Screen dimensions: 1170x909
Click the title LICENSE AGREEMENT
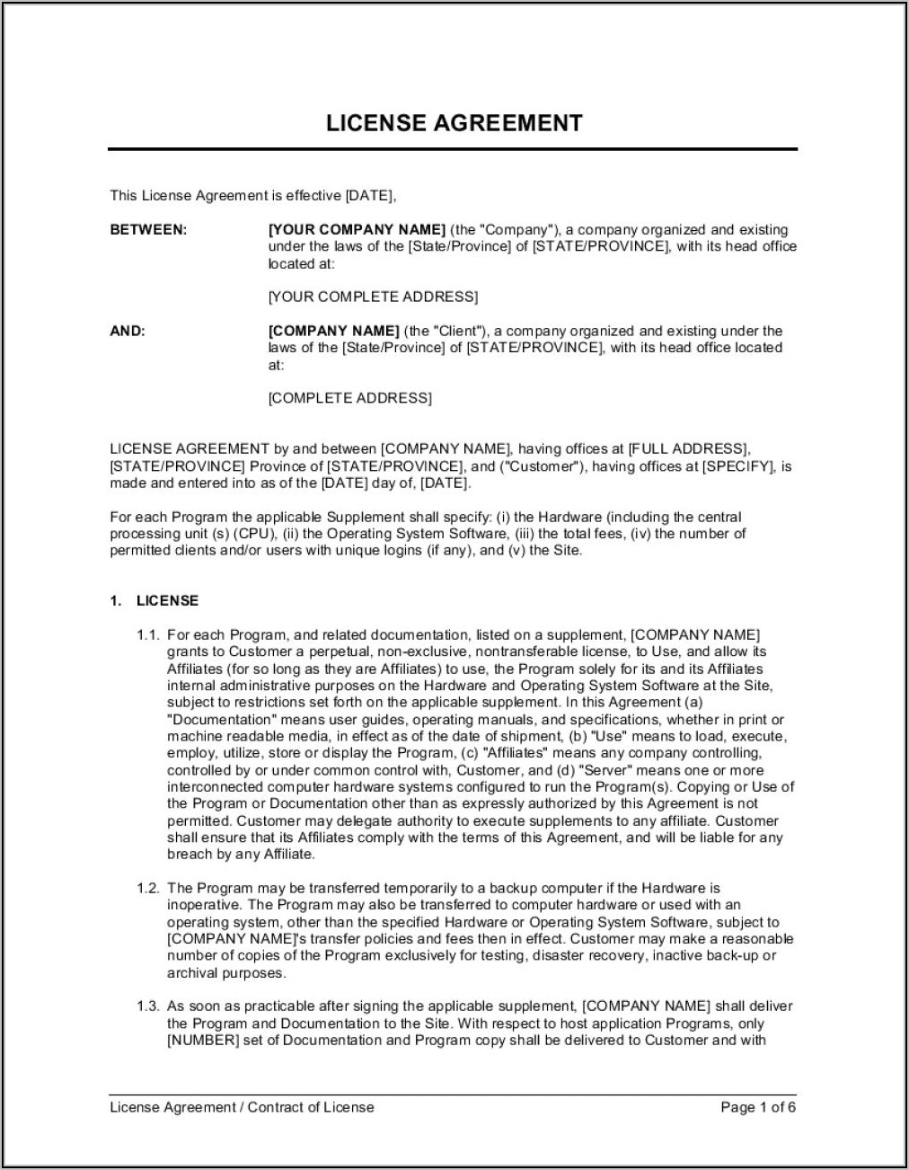coord(454,123)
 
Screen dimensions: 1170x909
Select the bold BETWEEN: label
coord(148,230)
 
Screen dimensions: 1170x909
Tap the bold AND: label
coord(128,331)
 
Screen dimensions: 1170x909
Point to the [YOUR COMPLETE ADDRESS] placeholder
coord(373,297)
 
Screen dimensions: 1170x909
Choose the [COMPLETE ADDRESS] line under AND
coord(349,397)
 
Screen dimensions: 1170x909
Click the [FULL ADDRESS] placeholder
coord(687,448)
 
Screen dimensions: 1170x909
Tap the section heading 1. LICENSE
coord(154,600)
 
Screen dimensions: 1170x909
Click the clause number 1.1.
coord(148,634)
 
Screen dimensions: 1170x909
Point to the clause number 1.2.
coord(148,888)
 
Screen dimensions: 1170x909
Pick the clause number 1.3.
coord(148,1006)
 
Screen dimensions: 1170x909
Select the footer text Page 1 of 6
coord(758,1107)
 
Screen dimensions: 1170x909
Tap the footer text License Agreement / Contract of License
coord(242,1107)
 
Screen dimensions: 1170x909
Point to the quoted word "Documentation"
coord(220,719)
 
